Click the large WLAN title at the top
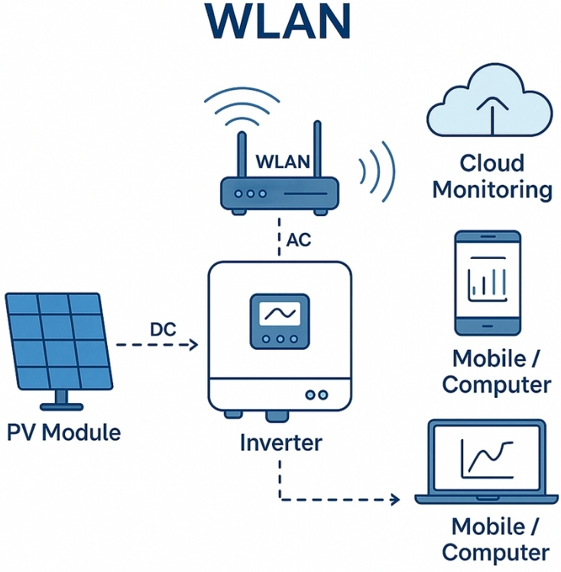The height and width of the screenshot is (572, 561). tap(280, 23)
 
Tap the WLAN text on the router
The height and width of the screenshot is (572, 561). tap(282, 162)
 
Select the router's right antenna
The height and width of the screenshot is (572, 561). tap(317, 150)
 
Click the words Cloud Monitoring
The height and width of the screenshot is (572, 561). tap(491, 176)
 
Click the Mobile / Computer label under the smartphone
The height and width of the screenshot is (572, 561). tap(496, 371)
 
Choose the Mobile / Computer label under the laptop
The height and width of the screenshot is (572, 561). tap(495, 539)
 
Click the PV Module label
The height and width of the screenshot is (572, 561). tap(64, 432)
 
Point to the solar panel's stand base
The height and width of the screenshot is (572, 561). tap(59, 402)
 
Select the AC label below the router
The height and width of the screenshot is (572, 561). tap(298, 239)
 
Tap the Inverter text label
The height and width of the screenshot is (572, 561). tap(280, 442)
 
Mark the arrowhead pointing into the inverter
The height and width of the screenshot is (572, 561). tap(193, 346)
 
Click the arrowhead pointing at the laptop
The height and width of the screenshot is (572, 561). tap(394, 500)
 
